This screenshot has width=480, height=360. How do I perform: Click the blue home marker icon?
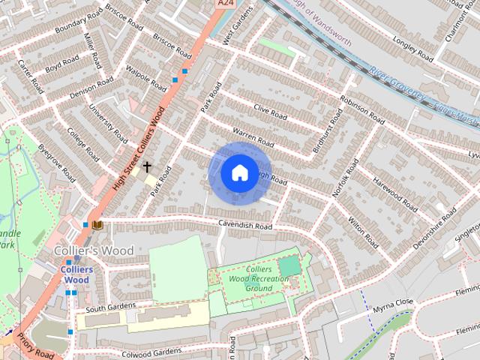click(239, 172)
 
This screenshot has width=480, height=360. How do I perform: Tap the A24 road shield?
click(224, 4)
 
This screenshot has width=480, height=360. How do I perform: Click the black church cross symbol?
click(147, 166)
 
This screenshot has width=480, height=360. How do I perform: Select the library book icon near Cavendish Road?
click(97, 224)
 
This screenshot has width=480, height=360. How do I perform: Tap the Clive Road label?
click(271, 113)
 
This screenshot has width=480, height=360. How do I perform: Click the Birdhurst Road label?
click(328, 130)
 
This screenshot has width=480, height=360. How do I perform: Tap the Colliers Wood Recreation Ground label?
click(259, 278)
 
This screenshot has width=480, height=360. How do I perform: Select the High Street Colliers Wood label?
click(139, 147)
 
